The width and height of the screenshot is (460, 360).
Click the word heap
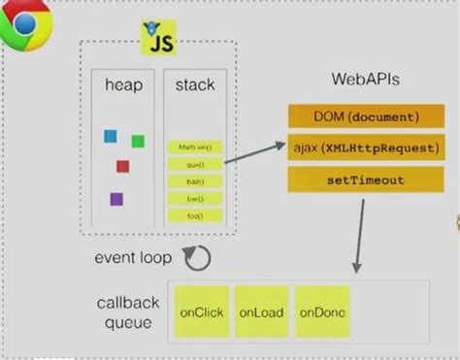click(123, 85)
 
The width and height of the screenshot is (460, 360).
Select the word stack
click(194, 85)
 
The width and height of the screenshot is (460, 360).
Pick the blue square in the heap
click(111, 136)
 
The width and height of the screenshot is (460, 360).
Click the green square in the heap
click(138, 142)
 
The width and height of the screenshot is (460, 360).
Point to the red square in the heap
click(123, 166)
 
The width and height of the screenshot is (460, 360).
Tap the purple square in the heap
click(116, 199)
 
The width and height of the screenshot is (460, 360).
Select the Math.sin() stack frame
click(195, 147)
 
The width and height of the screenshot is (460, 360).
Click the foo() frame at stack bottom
click(195, 215)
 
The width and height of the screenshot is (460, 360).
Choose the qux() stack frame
click(195, 164)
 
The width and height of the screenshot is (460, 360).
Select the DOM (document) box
click(366, 117)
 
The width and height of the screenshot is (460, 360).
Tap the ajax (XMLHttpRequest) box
click(366, 148)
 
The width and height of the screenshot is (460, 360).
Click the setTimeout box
click(366, 180)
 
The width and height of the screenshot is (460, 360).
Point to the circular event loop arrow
click(198, 257)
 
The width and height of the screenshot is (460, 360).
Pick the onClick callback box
click(201, 312)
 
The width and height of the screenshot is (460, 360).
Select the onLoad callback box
click(261, 312)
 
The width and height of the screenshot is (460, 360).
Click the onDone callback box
click(321, 312)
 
